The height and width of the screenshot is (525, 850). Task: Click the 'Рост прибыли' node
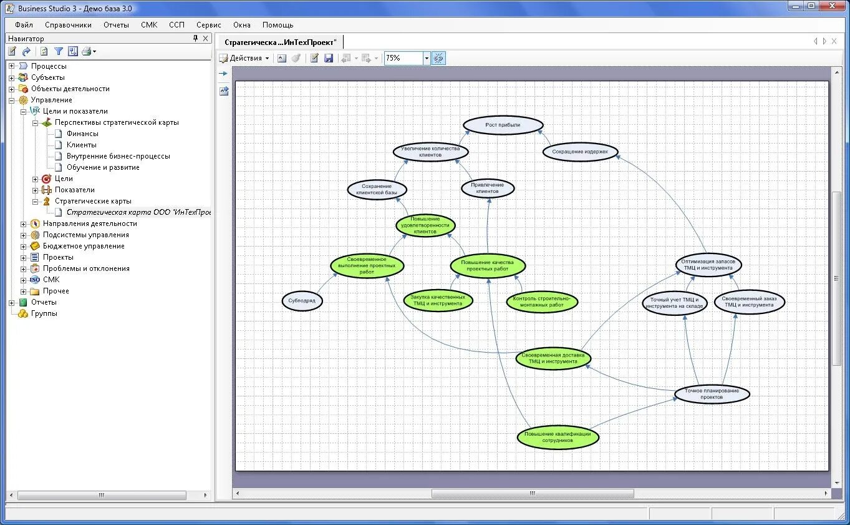click(503, 125)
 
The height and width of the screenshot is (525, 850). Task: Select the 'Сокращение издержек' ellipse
click(580, 152)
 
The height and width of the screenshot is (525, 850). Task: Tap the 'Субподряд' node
click(302, 301)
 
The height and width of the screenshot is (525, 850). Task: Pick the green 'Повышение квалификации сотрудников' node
click(558, 437)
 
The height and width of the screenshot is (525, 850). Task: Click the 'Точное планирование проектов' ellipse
click(712, 394)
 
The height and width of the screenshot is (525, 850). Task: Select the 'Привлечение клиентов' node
click(488, 188)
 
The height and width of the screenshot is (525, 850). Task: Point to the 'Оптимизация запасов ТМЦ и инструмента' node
click(708, 264)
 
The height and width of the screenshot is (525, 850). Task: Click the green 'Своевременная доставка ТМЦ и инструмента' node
click(553, 358)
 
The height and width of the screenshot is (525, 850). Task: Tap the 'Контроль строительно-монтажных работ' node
click(542, 302)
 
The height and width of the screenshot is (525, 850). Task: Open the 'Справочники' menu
click(68, 25)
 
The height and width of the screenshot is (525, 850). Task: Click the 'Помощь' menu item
click(278, 25)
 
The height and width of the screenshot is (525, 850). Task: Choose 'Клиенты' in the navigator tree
click(82, 145)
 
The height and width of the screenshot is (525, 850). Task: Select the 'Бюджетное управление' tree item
click(84, 246)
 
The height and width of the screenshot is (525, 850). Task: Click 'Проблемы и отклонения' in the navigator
click(86, 268)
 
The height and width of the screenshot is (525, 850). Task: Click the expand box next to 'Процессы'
click(11, 66)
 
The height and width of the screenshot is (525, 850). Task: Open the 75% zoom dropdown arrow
click(427, 58)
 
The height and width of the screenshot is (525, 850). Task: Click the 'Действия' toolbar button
click(246, 58)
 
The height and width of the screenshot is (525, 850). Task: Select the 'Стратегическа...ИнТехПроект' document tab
click(280, 42)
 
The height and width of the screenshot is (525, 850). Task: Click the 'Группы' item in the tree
click(44, 313)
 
